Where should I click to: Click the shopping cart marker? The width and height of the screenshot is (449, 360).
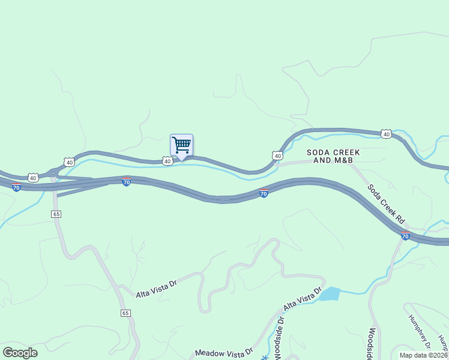coord(181,145)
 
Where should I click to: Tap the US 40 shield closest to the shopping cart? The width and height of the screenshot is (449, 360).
coord(167,161)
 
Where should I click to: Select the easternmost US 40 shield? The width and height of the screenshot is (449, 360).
coord(386,134)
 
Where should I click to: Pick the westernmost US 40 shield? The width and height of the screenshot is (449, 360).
coord(32,178)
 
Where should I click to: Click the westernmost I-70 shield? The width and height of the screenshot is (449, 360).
coord(16,188)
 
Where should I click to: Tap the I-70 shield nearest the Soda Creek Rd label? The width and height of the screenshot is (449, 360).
coord(406,236)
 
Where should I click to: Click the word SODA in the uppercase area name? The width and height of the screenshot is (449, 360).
coord(318,152)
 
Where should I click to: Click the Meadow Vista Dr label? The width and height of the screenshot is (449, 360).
coord(224,352)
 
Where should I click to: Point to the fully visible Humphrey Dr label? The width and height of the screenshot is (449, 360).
coord(420,331)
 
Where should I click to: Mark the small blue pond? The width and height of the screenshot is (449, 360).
coord(329,294)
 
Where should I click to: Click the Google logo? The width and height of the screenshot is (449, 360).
coord(20,352)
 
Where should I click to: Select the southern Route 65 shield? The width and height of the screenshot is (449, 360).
coord(125,313)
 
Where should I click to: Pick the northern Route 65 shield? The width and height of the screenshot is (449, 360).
coord(56,214)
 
